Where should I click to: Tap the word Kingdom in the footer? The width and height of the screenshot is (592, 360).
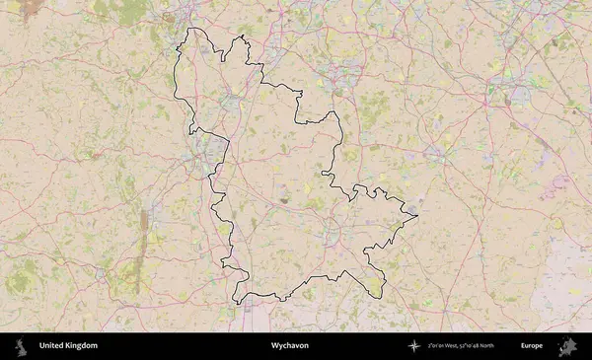(x=82, y=346)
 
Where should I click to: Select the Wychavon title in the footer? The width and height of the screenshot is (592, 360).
(x=289, y=346)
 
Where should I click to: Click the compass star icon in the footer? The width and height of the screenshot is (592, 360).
(x=413, y=346)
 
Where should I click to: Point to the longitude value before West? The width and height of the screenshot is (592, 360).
(x=439, y=346)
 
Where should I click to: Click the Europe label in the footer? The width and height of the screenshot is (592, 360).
(x=532, y=346)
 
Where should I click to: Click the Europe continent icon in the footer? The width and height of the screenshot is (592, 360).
(x=567, y=346)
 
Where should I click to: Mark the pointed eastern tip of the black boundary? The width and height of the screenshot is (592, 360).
(x=418, y=215)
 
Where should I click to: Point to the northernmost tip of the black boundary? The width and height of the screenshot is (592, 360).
(x=192, y=29)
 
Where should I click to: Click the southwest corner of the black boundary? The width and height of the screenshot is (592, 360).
(x=236, y=301)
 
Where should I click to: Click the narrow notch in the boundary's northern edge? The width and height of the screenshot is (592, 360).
(x=224, y=55)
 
